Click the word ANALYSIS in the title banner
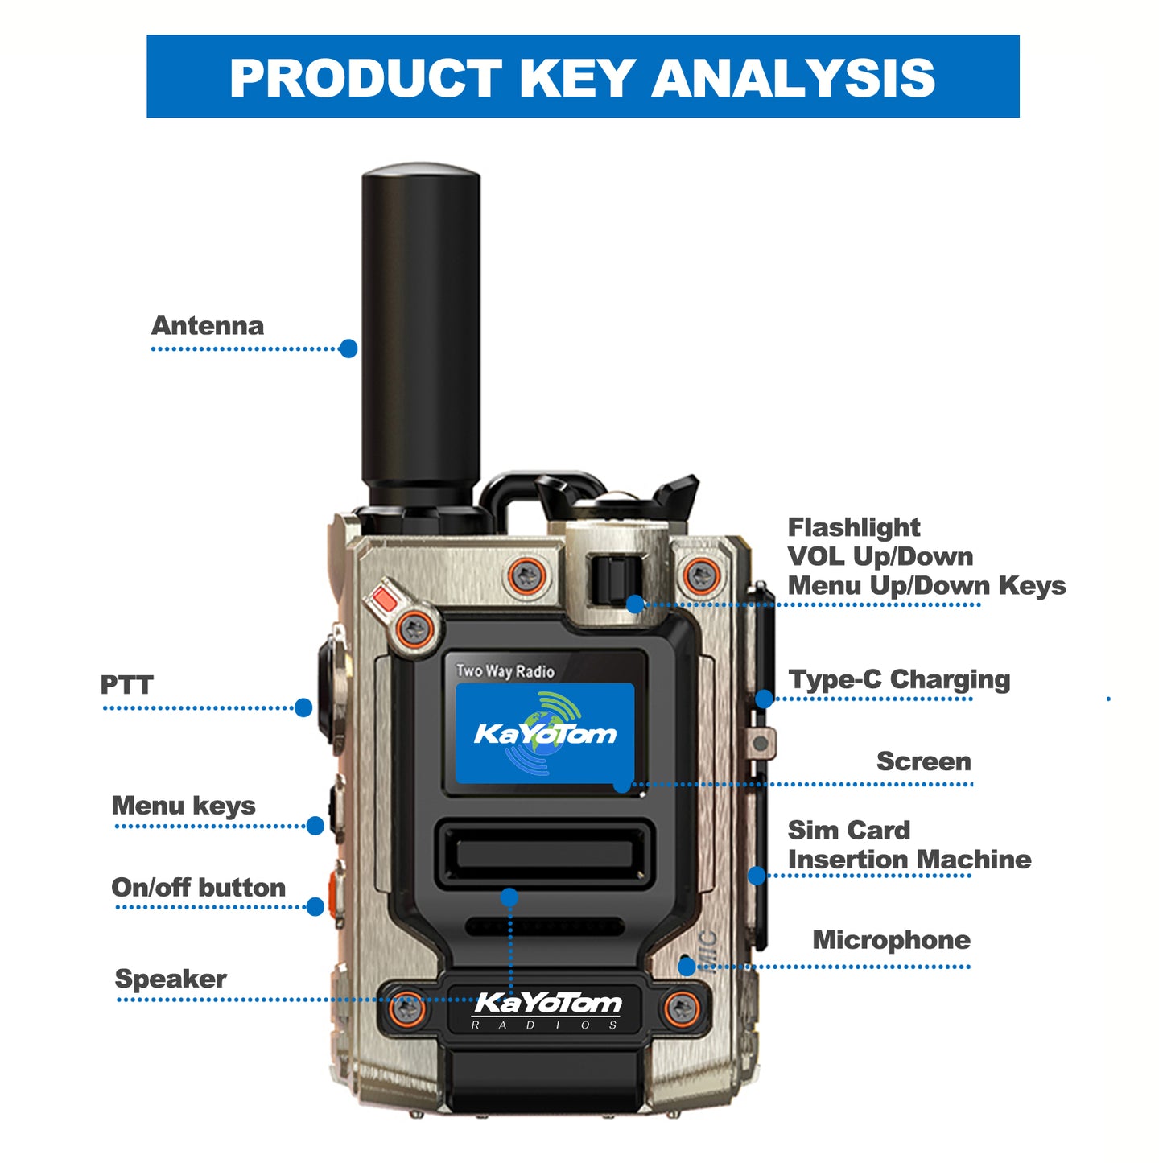click(x=793, y=78)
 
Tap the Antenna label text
click(x=207, y=326)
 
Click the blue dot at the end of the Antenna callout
click(x=348, y=348)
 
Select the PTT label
click(x=126, y=684)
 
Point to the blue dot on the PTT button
click(x=303, y=707)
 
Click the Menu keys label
click(x=184, y=806)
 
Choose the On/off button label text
click(x=199, y=887)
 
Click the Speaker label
click(x=171, y=979)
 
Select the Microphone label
click(x=891, y=940)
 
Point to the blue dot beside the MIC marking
click(x=687, y=967)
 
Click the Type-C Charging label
click(x=899, y=680)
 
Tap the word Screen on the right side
click(x=923, y=761)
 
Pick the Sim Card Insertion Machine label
click(x=909, y=844)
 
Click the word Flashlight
click(x=854, y=527)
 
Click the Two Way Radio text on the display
click(x=505, y=670)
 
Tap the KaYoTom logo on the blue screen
click(x=545, y=733)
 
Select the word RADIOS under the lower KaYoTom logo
click(x=544, y=1025)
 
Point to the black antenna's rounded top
click(x=421, y=170)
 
